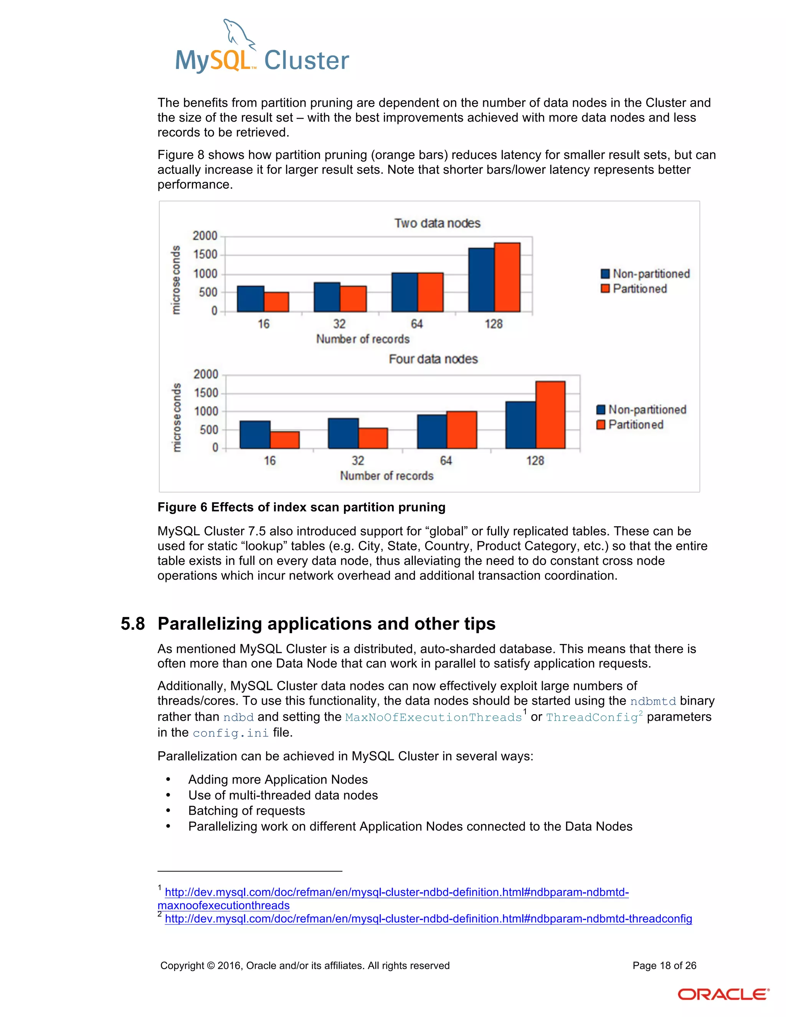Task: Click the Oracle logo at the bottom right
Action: tap(723, 994)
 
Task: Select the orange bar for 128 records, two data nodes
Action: tap(507, 277)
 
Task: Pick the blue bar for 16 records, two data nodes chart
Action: tap(251, 299)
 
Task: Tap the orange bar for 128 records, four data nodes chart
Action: tap(550, 414)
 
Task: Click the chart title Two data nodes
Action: tap(437, 223)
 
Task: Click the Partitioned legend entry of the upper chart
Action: tap(639, 289)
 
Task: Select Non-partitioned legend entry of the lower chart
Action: tap(646, 409)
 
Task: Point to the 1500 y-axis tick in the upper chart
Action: tap(205, 255)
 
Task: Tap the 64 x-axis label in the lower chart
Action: tap(446, 461)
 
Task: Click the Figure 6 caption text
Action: tap(301, 507)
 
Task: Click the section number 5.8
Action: tap(133, 624)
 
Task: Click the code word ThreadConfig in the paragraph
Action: tap(591, 717)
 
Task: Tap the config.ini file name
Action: tap(231, 733)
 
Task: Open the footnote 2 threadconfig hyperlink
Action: tap(428, 919)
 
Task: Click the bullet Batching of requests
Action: tap(246, 811)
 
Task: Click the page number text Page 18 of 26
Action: tap(664, 965)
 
